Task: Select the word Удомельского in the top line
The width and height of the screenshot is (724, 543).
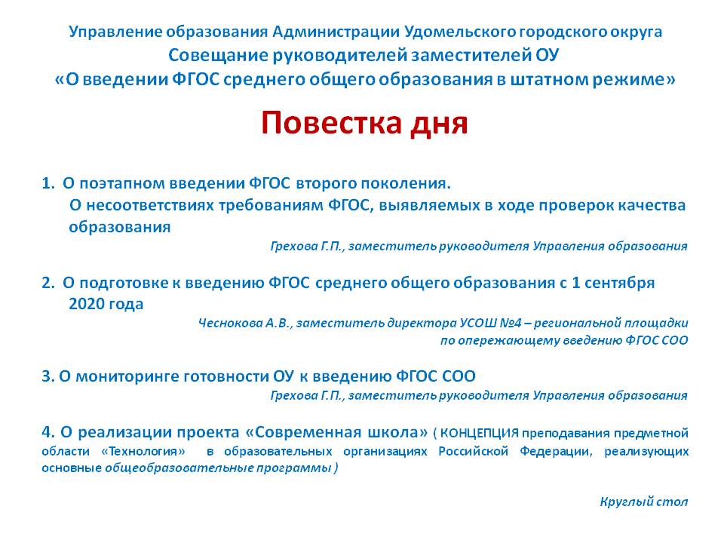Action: coord(459,32)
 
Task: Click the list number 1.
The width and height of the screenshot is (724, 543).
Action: coord(48,183)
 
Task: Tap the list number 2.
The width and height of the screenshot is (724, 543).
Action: coord(48,283)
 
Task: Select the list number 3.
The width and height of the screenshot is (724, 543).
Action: coord(48,376)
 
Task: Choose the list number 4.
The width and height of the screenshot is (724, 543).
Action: coord(48,432)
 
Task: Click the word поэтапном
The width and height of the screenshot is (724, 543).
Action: coord(122,184)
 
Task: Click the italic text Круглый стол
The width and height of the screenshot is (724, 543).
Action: coord(644,502)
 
